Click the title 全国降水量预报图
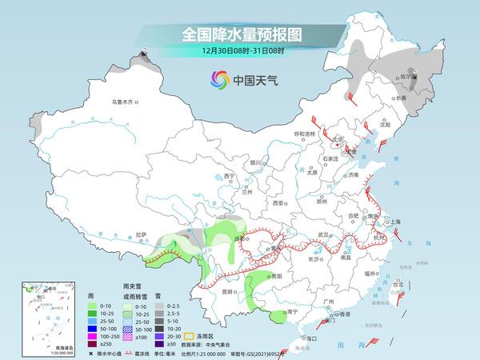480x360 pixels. (239, 34)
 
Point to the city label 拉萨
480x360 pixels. (142, 234)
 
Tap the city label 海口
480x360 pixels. (300, 338)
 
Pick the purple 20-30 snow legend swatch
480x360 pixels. (160, 337)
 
